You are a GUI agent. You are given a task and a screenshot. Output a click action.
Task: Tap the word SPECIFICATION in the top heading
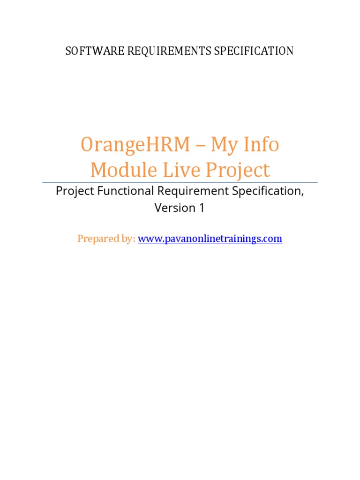click(254, 51)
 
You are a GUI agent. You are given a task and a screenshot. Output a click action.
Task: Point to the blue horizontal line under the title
click(180, 182)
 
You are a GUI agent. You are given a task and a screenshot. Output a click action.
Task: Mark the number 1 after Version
click(202, 208)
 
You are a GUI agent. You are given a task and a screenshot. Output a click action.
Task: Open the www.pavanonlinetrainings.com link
click(210, 239)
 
